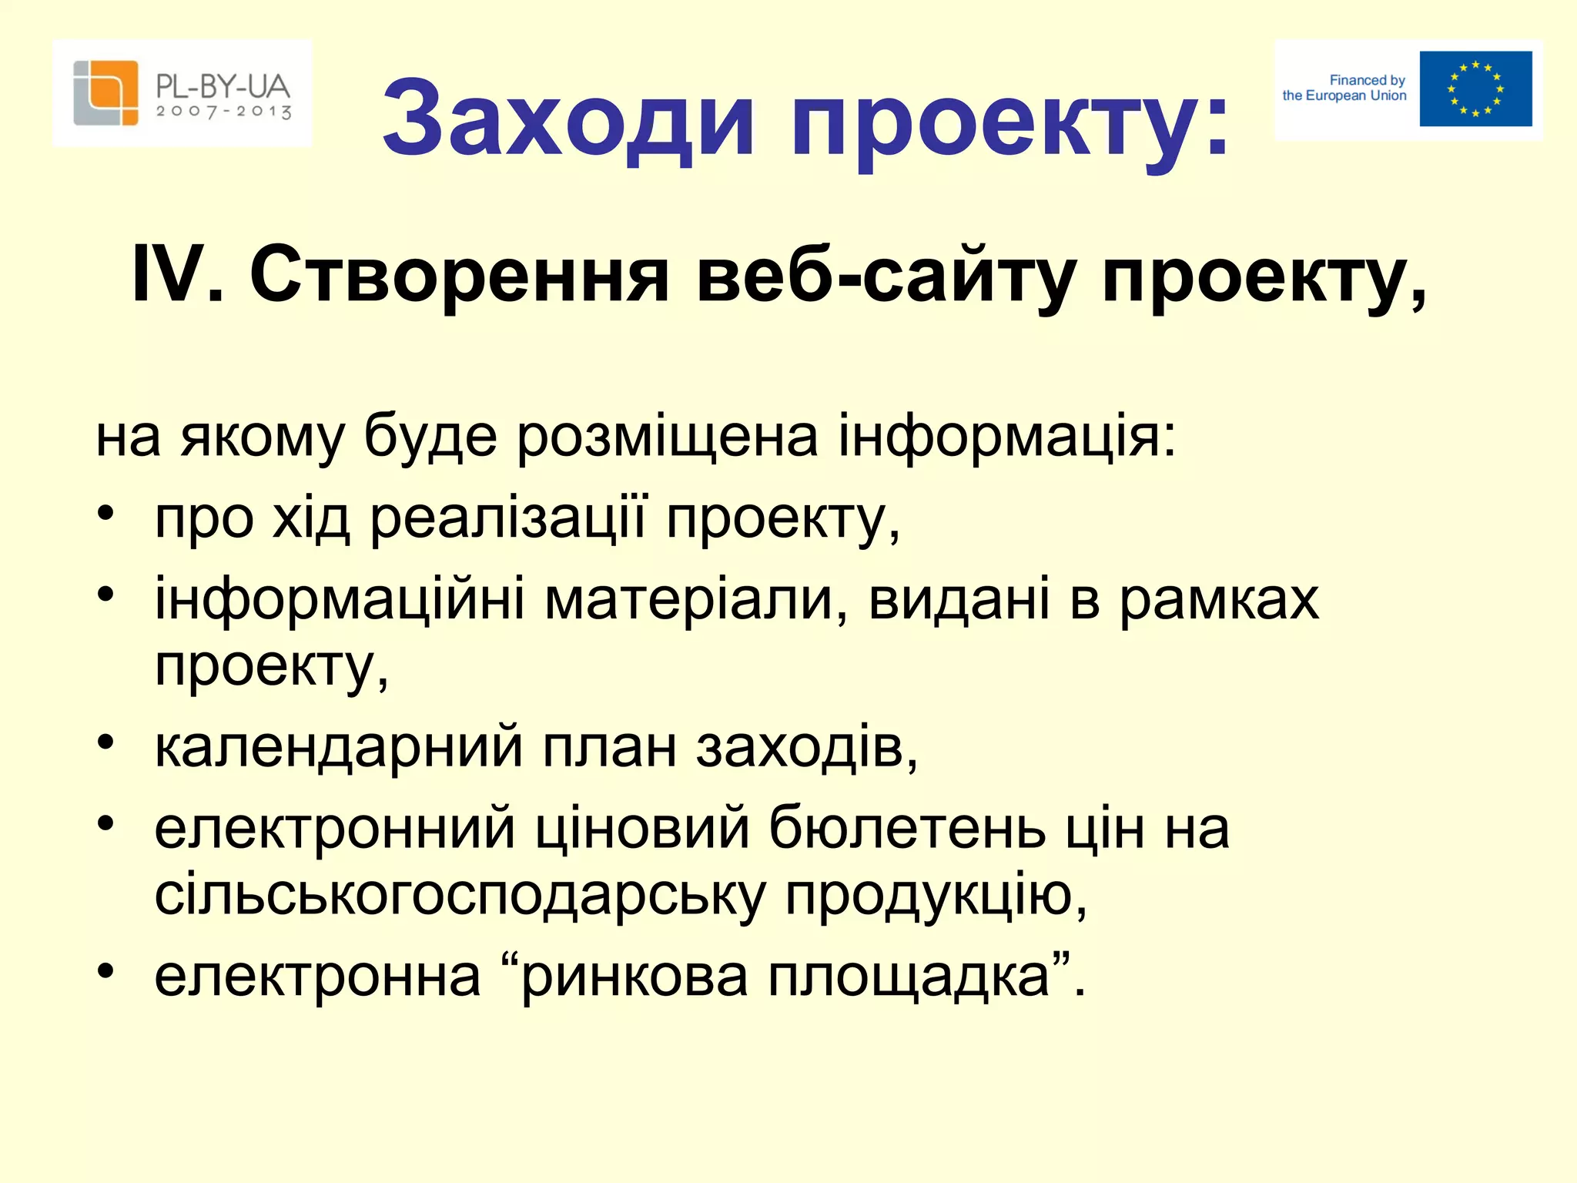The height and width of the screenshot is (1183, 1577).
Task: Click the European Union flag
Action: tap(1475, 89)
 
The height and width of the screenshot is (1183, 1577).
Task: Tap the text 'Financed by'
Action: tap(1367, 80)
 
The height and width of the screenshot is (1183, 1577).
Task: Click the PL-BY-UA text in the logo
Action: tap(223, 85)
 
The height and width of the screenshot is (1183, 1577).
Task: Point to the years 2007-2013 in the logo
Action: tap(223, 112)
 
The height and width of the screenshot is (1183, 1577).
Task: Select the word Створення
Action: tap(459, 275)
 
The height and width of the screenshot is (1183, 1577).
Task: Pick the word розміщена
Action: tap(667, 437)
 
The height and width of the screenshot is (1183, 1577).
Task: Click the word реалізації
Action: tap(509, 518)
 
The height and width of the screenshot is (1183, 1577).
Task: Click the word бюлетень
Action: tap(908, 829)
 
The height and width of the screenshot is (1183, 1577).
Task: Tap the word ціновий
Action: tap(642, 829)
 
